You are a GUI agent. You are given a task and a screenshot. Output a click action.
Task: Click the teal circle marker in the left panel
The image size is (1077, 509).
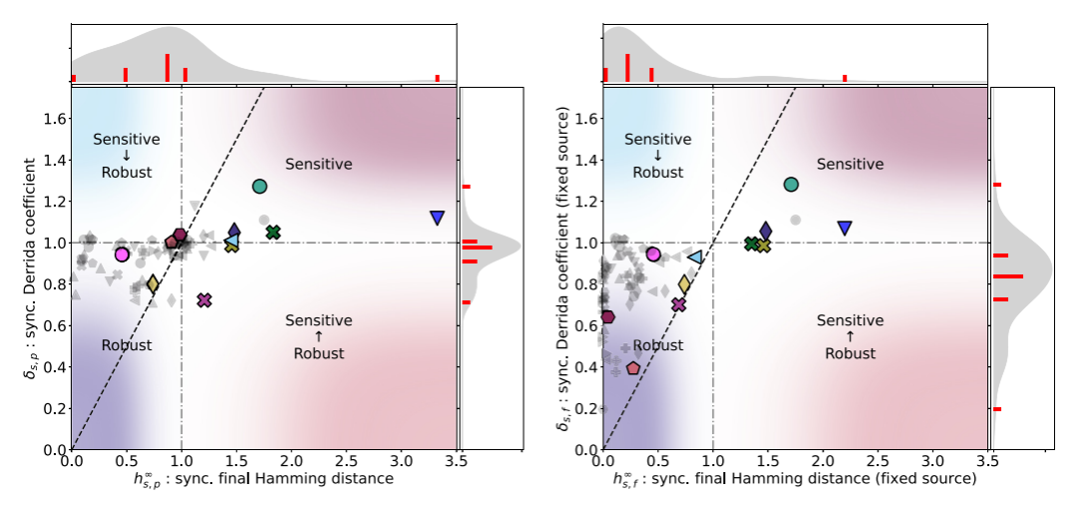[260, 187]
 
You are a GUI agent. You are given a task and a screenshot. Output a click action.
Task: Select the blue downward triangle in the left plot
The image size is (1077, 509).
[437, 218]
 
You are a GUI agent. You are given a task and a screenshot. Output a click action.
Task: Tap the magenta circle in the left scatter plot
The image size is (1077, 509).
[123, 254]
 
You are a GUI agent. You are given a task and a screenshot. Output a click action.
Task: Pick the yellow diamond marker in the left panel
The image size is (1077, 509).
[153, 284]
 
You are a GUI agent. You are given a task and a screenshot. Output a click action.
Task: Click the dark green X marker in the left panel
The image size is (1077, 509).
[273, 233]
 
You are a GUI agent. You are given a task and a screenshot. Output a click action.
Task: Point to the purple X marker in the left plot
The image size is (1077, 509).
[204, 299]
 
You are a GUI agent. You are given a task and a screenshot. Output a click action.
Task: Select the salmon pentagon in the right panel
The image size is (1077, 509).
[633, 368]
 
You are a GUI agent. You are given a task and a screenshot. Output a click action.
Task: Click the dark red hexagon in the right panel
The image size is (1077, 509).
[608, 317]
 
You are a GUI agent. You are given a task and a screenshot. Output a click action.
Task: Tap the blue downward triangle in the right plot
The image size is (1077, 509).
[845, 228]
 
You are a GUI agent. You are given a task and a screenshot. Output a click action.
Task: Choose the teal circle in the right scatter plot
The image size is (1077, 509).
[792, 185]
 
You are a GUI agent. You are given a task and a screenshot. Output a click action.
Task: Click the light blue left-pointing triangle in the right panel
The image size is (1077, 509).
[695, 257]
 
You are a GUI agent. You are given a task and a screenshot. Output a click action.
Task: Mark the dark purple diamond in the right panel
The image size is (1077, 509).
[766, 232]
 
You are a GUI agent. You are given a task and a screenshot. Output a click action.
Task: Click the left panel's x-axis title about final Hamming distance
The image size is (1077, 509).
[233, 479]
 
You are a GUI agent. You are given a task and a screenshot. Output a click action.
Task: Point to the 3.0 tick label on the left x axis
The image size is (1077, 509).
[401, 462]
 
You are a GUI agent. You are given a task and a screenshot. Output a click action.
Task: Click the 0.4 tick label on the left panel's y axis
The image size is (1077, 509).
[54, 367]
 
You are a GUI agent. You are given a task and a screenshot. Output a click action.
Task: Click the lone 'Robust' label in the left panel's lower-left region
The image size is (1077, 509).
[127, 345]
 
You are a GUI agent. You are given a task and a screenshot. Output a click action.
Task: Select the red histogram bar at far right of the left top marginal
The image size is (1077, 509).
[437, 78]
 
